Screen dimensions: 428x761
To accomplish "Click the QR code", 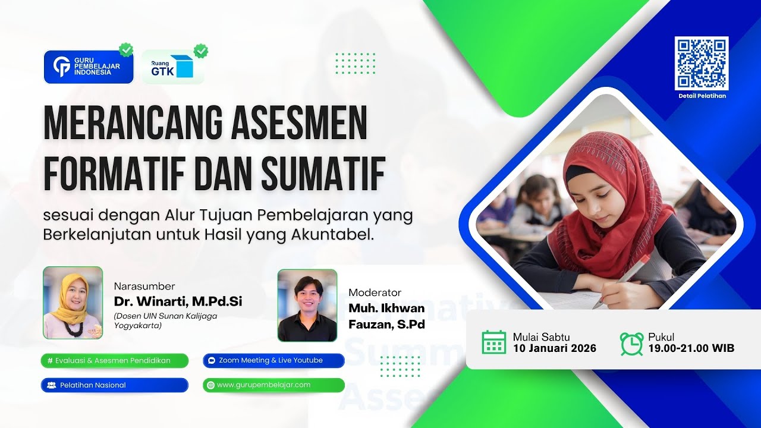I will click(x=702, y=63).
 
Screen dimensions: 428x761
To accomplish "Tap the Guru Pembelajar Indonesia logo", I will click(x=89, y=67).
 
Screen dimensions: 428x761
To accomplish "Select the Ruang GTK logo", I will click(x=172, y=67).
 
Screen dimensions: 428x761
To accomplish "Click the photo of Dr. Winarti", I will click(x=73, y=303).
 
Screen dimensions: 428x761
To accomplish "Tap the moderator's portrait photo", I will click(x=307, y=306).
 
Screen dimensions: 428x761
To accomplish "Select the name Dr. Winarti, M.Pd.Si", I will click(x=178, y=301).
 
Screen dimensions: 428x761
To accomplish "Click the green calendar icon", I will click(x=494, y=342).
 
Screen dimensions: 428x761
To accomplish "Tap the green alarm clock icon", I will click(x=631, y=343).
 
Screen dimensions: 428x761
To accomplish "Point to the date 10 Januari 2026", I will click(x=555, y=348).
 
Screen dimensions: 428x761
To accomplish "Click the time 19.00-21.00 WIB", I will click(x=691, y=348).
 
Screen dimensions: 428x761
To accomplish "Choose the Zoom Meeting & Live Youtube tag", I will click(x=273, y=360).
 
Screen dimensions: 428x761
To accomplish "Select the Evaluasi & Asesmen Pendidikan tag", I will click(x=115, y=360).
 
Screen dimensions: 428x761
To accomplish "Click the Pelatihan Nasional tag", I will click(x=115, y=385).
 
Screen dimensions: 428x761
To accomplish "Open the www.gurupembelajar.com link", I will click(x=273, y=385).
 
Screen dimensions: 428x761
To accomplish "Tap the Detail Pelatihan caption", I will click(x=702, y=96).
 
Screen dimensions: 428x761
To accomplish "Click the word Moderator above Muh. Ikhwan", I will click(x=375, y=292).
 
